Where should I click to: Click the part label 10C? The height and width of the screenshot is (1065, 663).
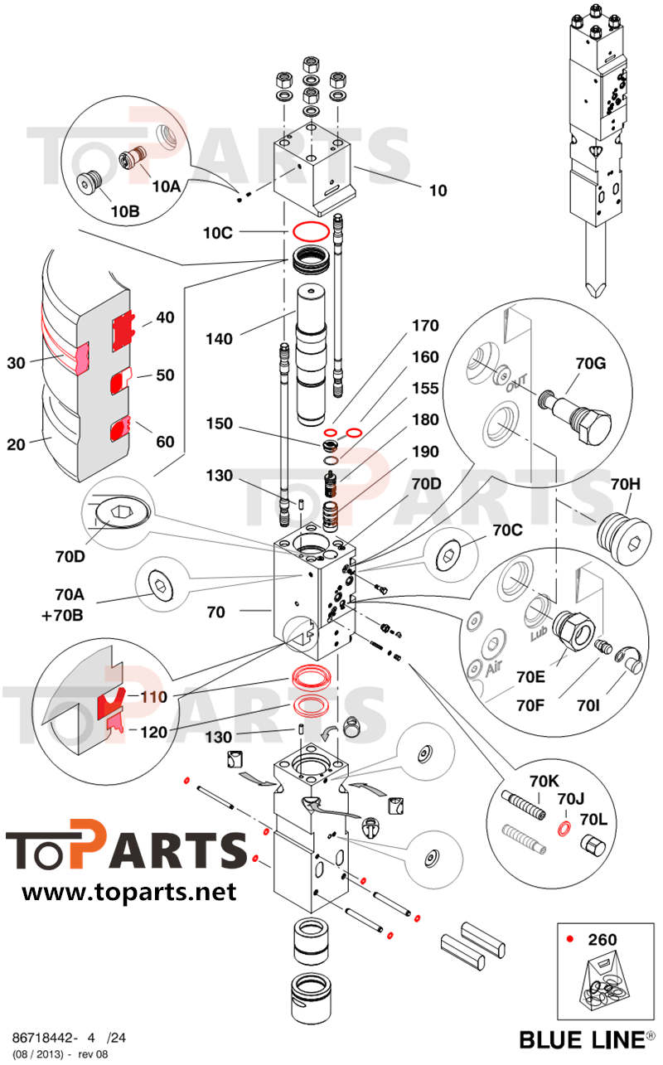point(218,233)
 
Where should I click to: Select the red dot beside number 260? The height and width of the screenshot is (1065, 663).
point(569,939)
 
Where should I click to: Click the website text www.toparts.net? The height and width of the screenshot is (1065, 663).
point(128,892)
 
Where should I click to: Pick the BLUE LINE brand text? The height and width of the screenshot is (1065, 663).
point(582,1038)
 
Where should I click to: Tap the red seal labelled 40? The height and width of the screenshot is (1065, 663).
point(123,330)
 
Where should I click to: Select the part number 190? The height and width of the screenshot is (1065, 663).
point(425,452)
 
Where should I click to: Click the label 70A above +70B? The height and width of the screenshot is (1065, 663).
point(70,593)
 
